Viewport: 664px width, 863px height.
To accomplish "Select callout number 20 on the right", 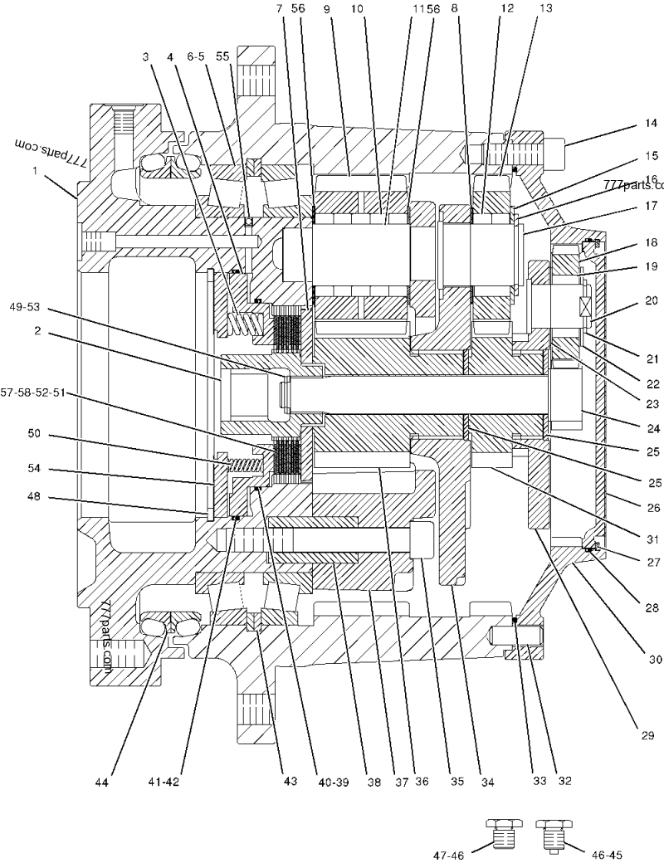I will click(651, 301).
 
